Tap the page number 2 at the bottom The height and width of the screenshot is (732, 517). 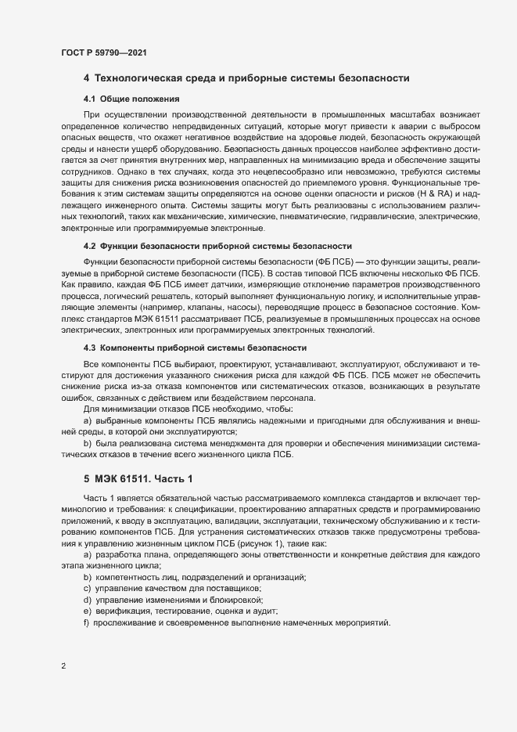coord(63,666)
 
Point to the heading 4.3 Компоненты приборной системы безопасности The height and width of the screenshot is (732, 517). coord(206,347)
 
